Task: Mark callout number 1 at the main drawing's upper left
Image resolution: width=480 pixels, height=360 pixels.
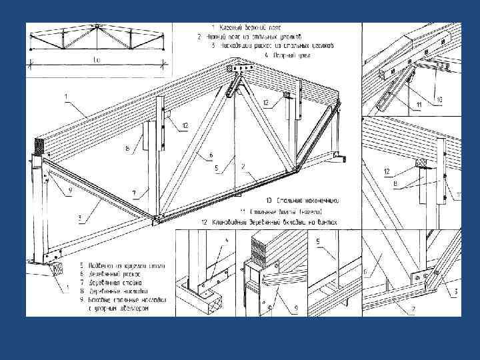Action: coord(65,97)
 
